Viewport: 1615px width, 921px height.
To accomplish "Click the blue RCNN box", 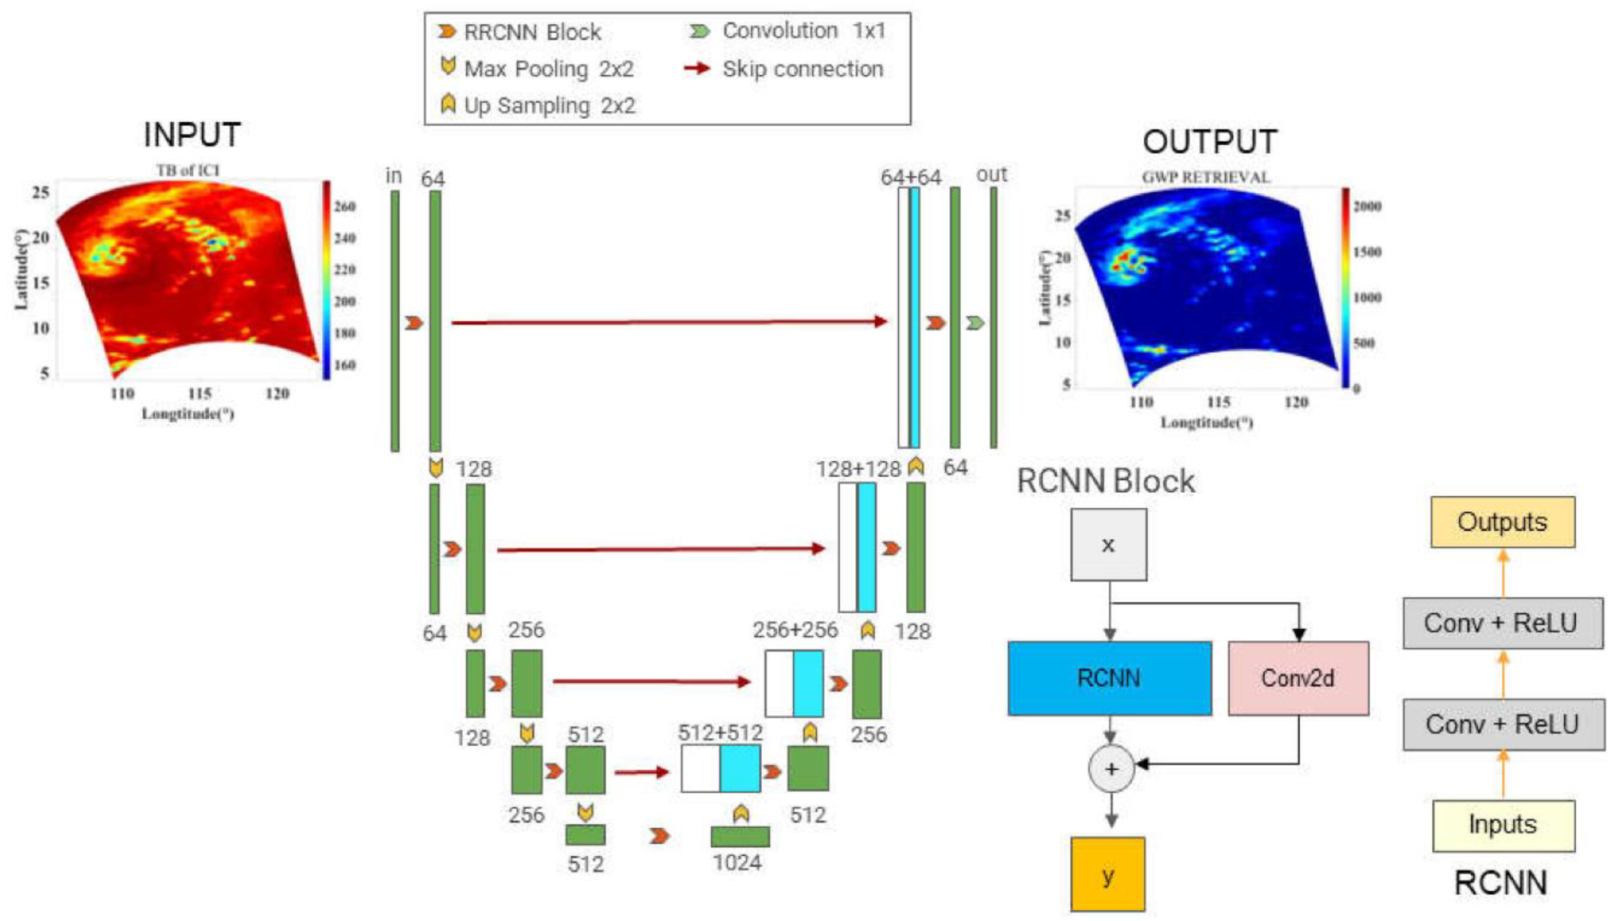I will [x=1109, y=678].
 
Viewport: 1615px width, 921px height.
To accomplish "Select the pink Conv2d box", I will [x=1298, y=678].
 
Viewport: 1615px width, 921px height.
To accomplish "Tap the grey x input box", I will [x=1108, y=545].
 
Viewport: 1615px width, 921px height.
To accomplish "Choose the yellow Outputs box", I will [x=1502, y=522].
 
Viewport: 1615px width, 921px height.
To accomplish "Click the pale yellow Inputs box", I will [x=1503, y=825].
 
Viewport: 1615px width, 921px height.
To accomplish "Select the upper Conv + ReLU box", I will [x=1502, y=623].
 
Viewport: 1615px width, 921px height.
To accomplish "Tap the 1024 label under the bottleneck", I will [x=737, y=862].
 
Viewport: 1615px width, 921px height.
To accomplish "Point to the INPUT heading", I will [x=192, y=135].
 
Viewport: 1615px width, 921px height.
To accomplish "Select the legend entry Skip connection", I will [x=802, y=69].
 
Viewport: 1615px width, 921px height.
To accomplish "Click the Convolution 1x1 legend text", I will [x=804, y=31].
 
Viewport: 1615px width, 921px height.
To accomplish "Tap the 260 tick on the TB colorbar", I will [x=345, y=206].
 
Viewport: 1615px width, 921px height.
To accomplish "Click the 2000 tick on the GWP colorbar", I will [x=1367, y=206].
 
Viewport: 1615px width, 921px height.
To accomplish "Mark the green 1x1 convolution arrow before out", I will [x=975, y=323].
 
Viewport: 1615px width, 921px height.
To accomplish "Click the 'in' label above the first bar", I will [x=394, y=176].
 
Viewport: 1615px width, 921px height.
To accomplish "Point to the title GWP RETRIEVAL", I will [x=1205, y=178].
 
